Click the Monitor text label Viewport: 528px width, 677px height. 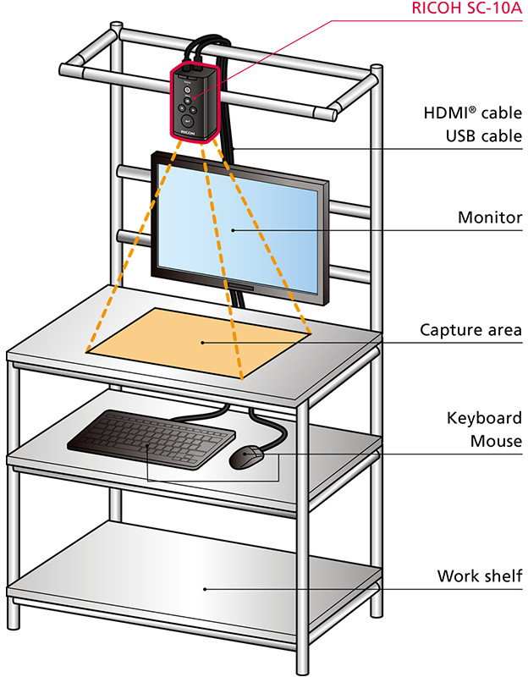click(490, 217)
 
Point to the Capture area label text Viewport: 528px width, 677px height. click(471, 329)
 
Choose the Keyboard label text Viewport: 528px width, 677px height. click(484, 418)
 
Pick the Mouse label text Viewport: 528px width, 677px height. click(497, 441)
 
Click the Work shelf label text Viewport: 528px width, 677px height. click(480, 576)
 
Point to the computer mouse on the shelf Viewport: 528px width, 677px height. click(247, 458)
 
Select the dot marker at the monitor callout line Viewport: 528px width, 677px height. click(233, 229)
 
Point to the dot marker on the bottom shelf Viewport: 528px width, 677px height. click(203, 587)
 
